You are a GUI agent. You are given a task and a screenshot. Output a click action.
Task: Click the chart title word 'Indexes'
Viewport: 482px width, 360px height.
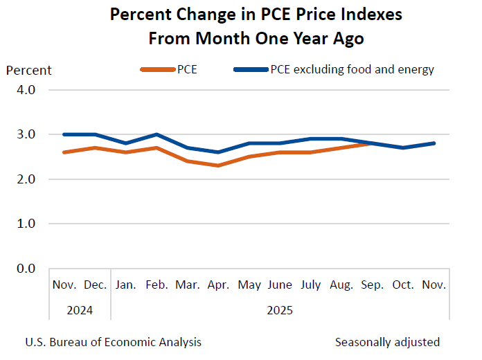click(366, 15)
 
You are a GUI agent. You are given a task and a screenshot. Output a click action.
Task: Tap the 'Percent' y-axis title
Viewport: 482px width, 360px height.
click(29, 70)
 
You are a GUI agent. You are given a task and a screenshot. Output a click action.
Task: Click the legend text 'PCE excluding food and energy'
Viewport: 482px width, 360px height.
click(352, 69)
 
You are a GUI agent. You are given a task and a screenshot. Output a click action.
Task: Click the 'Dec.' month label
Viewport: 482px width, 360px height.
click(95, 285)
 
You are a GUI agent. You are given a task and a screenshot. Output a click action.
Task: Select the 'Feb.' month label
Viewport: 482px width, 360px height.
click(157, 285)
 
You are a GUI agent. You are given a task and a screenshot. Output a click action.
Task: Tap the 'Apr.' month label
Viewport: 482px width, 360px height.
click(218, 285)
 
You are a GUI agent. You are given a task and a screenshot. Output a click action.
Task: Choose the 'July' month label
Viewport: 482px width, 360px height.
click(311, 285)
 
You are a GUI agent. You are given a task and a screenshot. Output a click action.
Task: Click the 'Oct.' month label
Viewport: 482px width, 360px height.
click(403, 285)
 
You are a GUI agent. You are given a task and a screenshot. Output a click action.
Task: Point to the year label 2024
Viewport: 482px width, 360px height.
click(80, 310)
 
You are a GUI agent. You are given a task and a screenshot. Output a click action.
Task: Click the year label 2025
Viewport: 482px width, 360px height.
click(280, 310)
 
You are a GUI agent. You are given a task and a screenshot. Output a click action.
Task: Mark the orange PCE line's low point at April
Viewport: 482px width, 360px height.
click(218, 165)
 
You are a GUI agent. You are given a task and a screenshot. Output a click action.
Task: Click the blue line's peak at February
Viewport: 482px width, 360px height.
click(157, 134)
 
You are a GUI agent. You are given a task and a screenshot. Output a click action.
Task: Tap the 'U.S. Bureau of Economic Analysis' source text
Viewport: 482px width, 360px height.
click(113, 342)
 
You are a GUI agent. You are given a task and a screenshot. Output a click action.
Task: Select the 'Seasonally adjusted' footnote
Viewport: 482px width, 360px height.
click(387, 342)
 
